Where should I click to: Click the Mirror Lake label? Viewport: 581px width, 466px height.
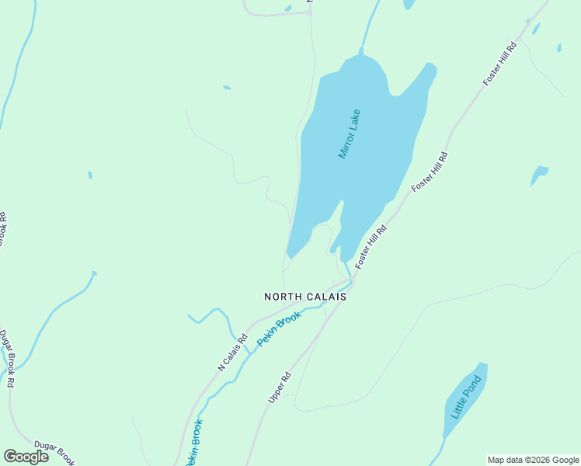[x=350, y=134]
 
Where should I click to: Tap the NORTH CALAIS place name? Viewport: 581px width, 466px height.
[x=304, y=297]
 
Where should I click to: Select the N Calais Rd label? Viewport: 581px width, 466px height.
[x=232, y=352]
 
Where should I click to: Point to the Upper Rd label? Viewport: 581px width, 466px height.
[x=279, y=386]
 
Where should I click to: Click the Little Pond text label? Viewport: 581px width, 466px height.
[x=467, y=395]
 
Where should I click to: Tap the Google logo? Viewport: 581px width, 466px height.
[x=26, y=457]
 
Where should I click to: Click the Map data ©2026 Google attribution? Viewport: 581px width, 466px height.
[x=533, y=460]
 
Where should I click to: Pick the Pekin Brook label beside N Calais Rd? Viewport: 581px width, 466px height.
[x=278, y=329]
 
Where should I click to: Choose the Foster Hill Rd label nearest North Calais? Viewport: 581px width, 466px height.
[x=371, y=247]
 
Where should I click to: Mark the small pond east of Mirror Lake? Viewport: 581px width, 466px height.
[x=538, y=173]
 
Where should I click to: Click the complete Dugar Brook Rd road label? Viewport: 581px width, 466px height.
[x=7, y=358]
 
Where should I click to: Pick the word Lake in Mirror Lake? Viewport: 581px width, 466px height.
[x=355, y=120]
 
